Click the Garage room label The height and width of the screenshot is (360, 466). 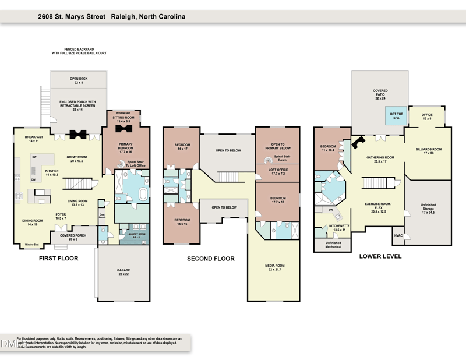[123, 271]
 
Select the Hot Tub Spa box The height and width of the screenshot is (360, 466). [397, 116]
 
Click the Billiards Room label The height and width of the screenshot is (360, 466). [428, 151]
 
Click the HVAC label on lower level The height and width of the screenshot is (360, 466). [398, 235]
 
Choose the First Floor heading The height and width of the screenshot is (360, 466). [58, 258]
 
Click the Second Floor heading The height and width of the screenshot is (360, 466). [210, 258]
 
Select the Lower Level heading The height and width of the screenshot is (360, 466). [380, 256]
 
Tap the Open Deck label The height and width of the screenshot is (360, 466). [78, 80]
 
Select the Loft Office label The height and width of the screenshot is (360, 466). [277, 171]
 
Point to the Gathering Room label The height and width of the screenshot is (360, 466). [380, 158]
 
